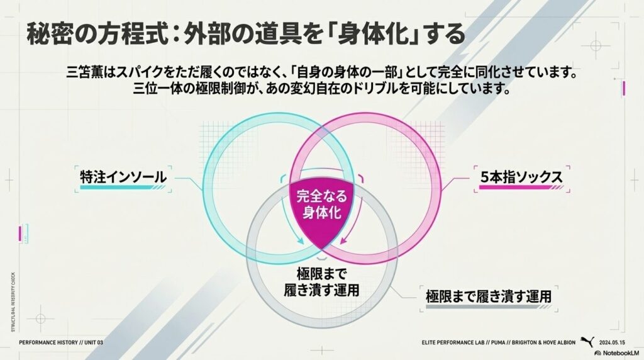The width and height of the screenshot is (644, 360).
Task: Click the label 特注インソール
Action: (x=123, y=177)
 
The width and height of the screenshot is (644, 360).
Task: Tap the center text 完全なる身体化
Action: (x=322, y=204)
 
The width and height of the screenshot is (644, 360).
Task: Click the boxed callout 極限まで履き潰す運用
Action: (x=488, y=295)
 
